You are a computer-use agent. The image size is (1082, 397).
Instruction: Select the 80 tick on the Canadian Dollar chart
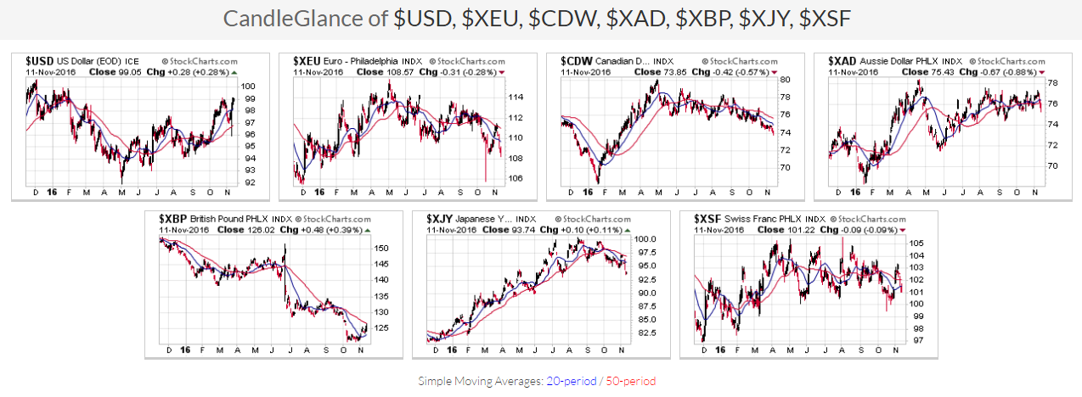(786, 80)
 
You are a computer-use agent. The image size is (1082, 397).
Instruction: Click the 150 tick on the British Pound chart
(383, 249)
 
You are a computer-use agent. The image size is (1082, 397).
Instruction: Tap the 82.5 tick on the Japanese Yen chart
(650, 333)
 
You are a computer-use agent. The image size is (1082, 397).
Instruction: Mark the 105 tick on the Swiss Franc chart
(917, 243)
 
